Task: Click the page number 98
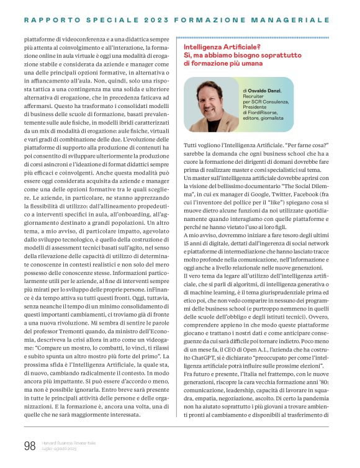(29, 444)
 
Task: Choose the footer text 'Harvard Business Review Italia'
(69, 441)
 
